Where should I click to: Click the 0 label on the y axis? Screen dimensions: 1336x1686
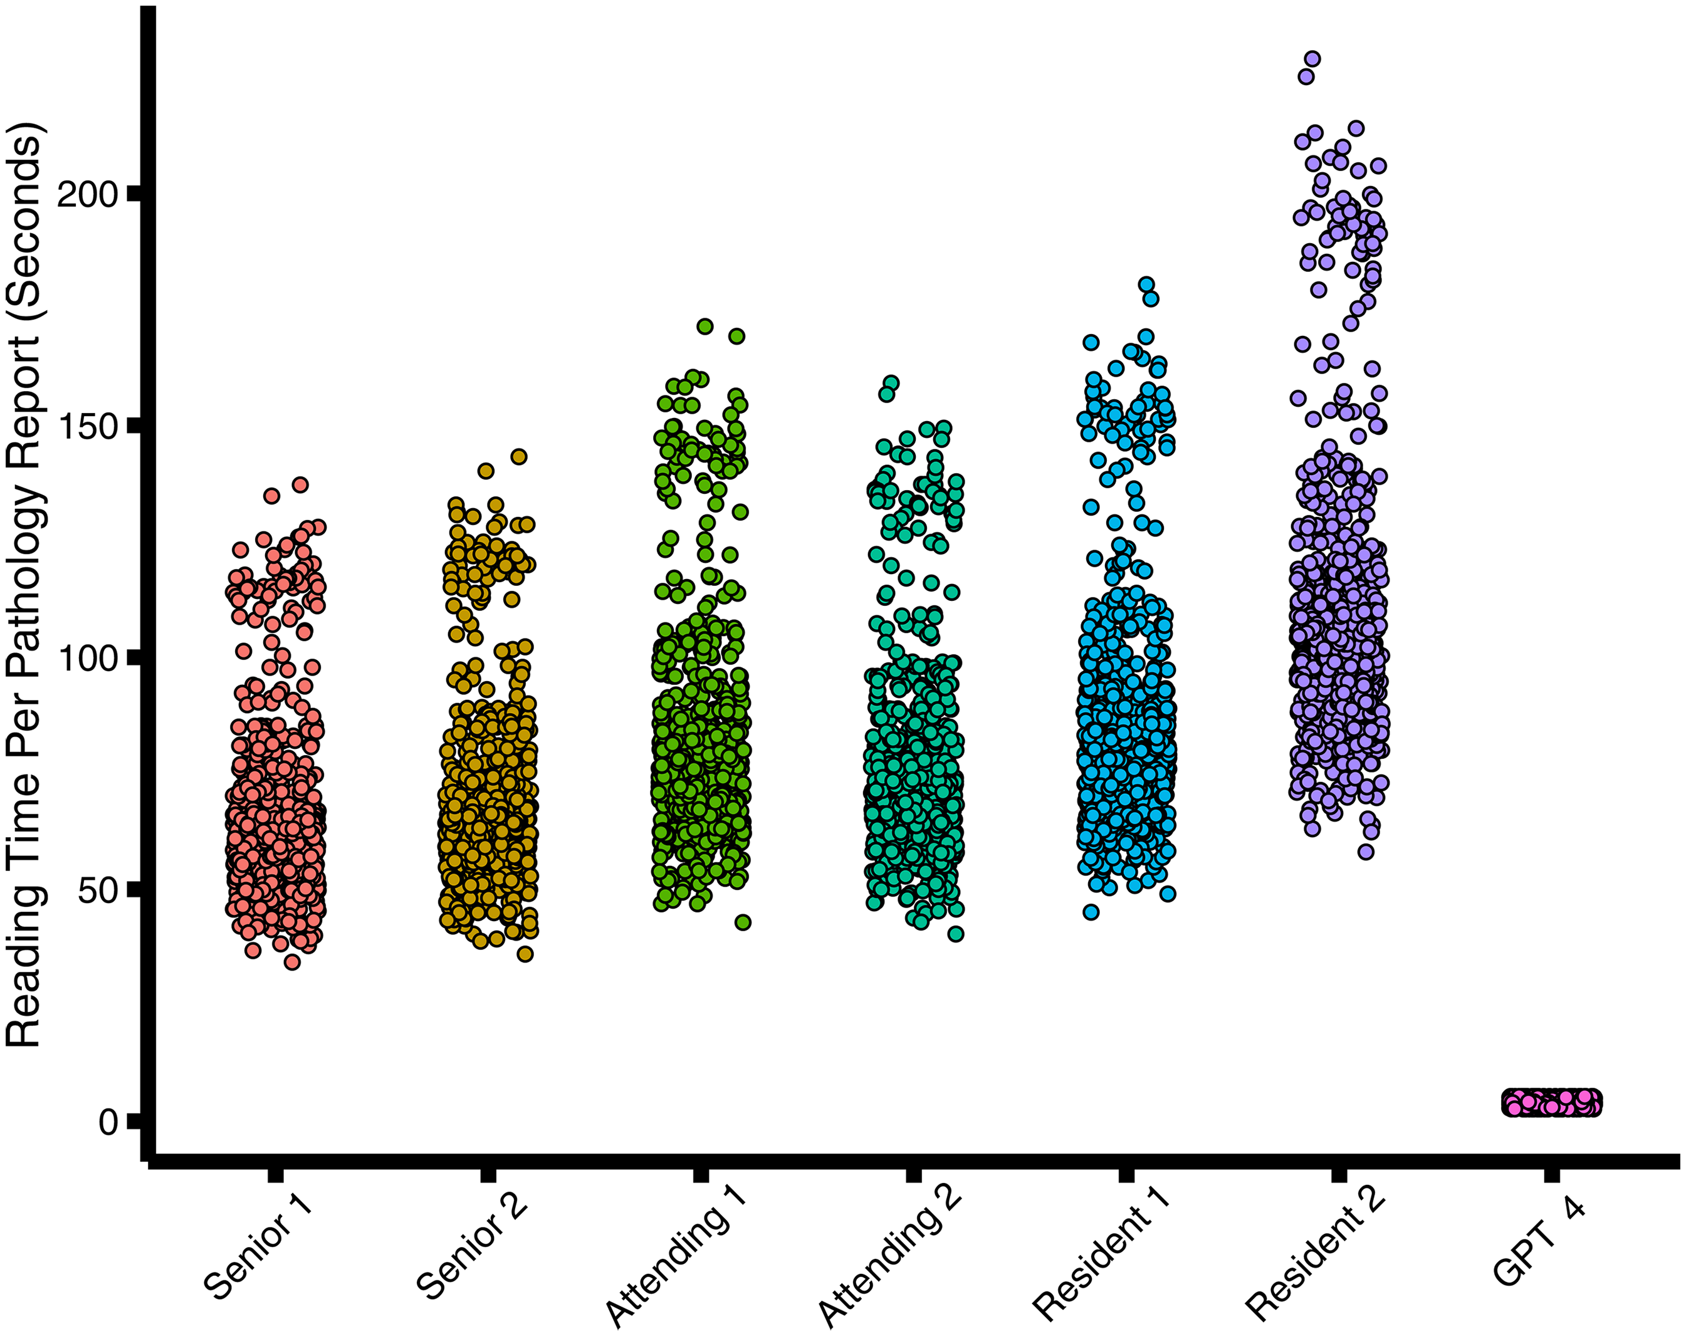point(108,1121)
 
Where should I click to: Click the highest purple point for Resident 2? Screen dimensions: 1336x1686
point(1313,59)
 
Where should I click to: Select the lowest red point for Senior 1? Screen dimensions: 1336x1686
point(291,961)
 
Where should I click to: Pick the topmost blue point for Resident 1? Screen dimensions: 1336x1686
point(1146,284)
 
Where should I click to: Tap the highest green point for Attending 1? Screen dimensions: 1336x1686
point(704,326)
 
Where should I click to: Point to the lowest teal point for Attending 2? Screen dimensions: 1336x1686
point(956,934)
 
